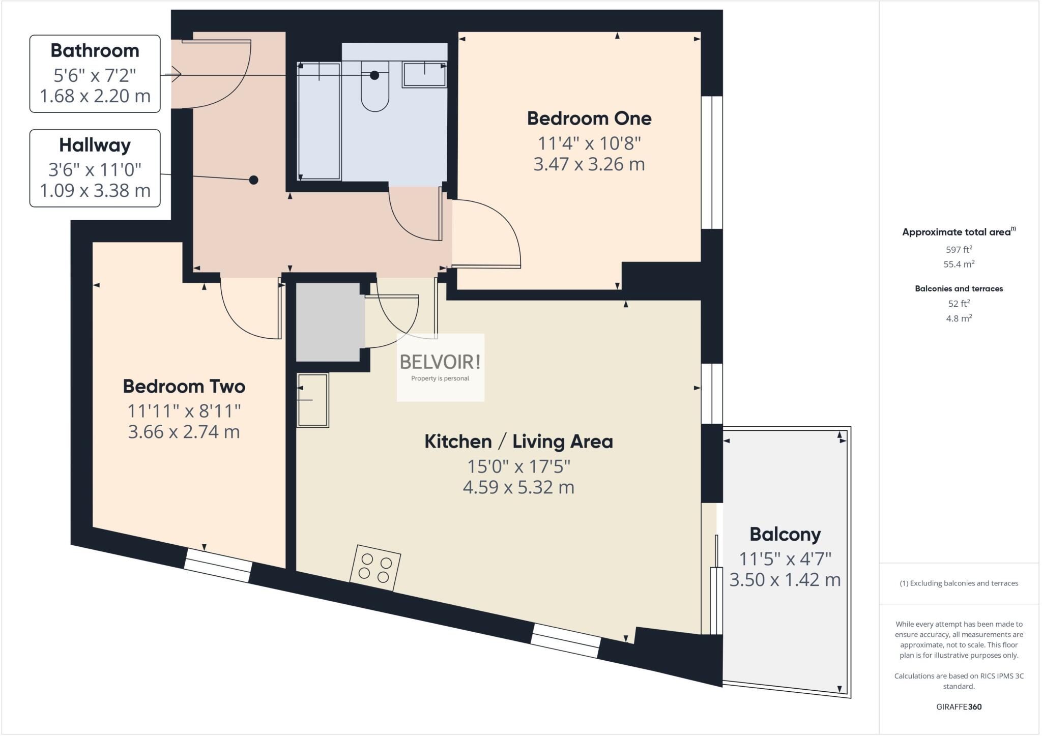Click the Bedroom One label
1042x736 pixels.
[589, 119]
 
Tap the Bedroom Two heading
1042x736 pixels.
[184, 386]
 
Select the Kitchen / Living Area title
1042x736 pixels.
[518, 441]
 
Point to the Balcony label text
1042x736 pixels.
[785, 534]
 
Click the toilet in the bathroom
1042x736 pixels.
[375, 89]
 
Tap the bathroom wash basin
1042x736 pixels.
[424, 74]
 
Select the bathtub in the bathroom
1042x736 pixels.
[319, 121]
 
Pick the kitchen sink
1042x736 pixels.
[313, 400]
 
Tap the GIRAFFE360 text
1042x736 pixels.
[959, 706]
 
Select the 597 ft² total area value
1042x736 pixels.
[959, 249]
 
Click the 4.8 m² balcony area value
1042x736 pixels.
[959, 318]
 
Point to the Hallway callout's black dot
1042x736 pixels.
[253, 180]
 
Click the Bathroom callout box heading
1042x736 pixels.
[95, 51]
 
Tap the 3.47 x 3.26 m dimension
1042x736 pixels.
[589, 164]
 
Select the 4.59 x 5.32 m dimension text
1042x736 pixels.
[518, 487]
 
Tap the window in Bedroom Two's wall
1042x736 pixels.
[218, 565]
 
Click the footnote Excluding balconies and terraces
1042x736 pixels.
[959, 583]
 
